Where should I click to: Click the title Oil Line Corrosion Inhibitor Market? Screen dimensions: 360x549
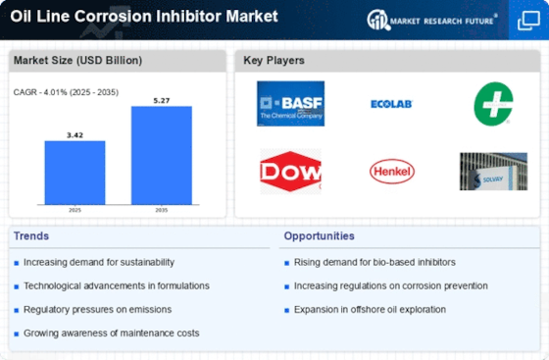tap(144, 17)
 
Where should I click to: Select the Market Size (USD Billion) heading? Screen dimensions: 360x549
tap(77, 61)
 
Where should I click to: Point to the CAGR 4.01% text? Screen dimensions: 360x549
tap(66, 92)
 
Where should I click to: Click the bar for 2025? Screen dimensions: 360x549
tap(75, 173)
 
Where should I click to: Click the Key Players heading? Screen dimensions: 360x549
tap(274, 61)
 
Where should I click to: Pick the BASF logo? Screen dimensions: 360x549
tap(290, 103)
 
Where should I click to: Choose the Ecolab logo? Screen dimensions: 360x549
tap(391, 103)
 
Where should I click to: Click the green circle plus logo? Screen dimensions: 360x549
tap(492, 103)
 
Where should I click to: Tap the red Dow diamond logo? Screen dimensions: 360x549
tap(290, 172)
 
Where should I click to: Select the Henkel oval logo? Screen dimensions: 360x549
tap(391, 172)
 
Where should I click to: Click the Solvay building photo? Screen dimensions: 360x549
tap(492, 172)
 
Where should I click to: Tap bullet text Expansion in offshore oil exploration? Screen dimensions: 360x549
tap(369, 309)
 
